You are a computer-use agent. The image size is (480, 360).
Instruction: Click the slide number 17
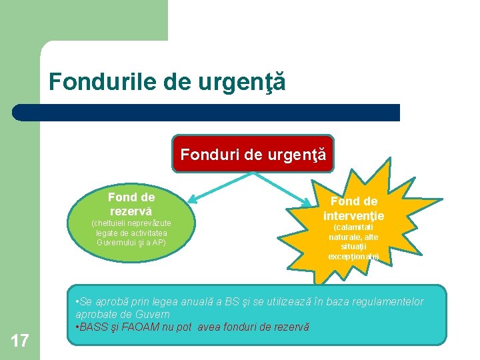tap(20, 341)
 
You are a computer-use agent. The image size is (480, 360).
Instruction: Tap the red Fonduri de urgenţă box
tap(253, 155)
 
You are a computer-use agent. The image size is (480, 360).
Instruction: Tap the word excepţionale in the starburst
tap(353, 256)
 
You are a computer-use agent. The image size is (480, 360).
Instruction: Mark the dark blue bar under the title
tap(207, 112)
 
